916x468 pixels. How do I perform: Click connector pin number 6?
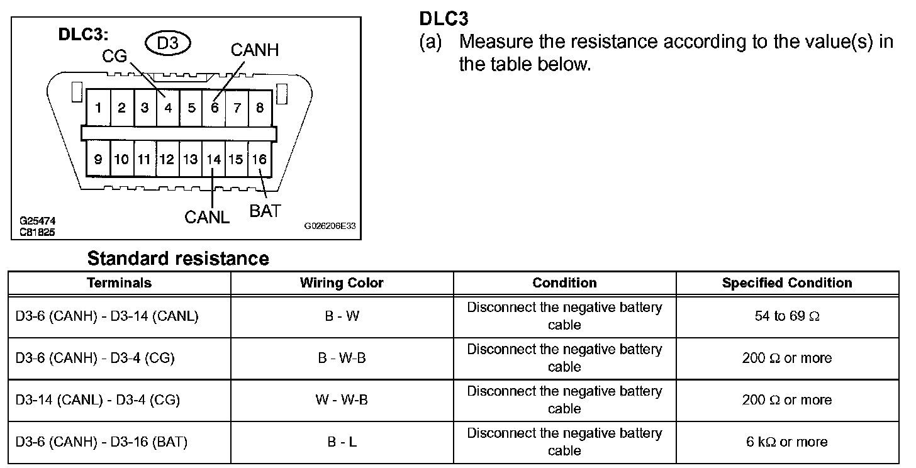[215, 108]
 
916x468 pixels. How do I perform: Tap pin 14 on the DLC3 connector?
[213, 159]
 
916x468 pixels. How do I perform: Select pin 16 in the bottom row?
[260, 159]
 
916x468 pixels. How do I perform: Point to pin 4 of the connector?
[168, 108]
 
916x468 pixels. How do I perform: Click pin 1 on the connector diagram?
[98, 108]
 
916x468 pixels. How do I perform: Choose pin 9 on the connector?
[98, 159]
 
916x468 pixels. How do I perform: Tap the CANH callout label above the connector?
[255, 50]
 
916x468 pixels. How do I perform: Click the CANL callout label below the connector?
[207, 217]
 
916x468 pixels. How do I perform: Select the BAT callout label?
[265, 211]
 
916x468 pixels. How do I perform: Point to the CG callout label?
[114, 56]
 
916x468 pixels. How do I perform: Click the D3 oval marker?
[167, 43]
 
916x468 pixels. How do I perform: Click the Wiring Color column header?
[342, 283]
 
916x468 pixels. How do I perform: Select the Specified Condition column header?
[787, 283]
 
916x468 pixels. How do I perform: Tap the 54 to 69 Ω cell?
[787, 316]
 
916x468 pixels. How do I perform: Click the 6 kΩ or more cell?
[787, 442]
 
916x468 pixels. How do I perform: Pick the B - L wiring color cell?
[342, 442]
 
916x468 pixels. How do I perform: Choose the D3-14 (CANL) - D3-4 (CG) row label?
[98, 399]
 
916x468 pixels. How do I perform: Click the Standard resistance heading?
[178, 259]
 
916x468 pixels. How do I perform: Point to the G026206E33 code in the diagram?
[330, 226]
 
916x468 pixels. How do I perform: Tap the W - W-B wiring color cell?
[342, 399]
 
